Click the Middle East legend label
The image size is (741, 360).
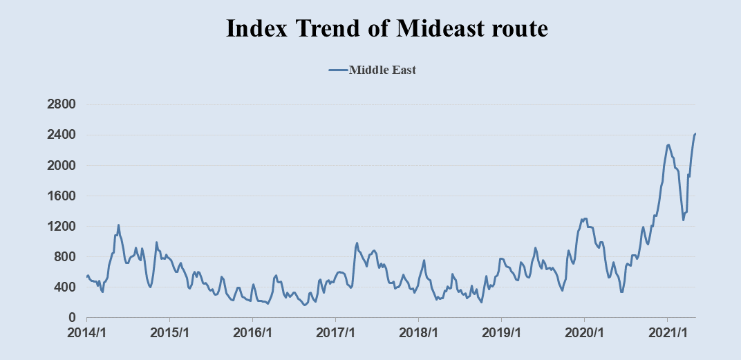pos(382,70)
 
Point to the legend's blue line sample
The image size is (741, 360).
pos(337,70)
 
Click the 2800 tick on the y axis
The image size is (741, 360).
pos(60,105)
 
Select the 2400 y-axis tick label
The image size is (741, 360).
pos(60,135)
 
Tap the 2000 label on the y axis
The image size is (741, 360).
pos(60,166)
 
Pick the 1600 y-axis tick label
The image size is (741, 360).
pos(60,196)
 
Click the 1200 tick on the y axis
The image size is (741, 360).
pos(60,227)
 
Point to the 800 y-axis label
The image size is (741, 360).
pos(64,257)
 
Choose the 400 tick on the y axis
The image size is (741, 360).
pos(64,287)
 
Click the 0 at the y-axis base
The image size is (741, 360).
pos(73,318)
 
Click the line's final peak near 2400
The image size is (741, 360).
pos(695,133)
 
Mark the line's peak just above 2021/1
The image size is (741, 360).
pos(668,144)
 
